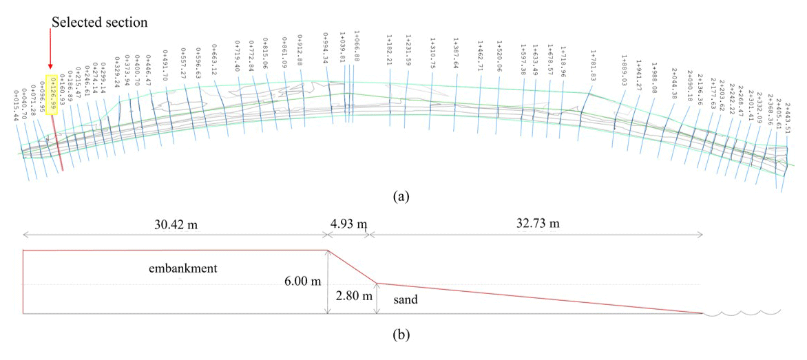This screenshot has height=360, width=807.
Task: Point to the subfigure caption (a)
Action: coord(401,197)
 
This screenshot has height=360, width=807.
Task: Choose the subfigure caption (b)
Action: coord(401,336)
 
